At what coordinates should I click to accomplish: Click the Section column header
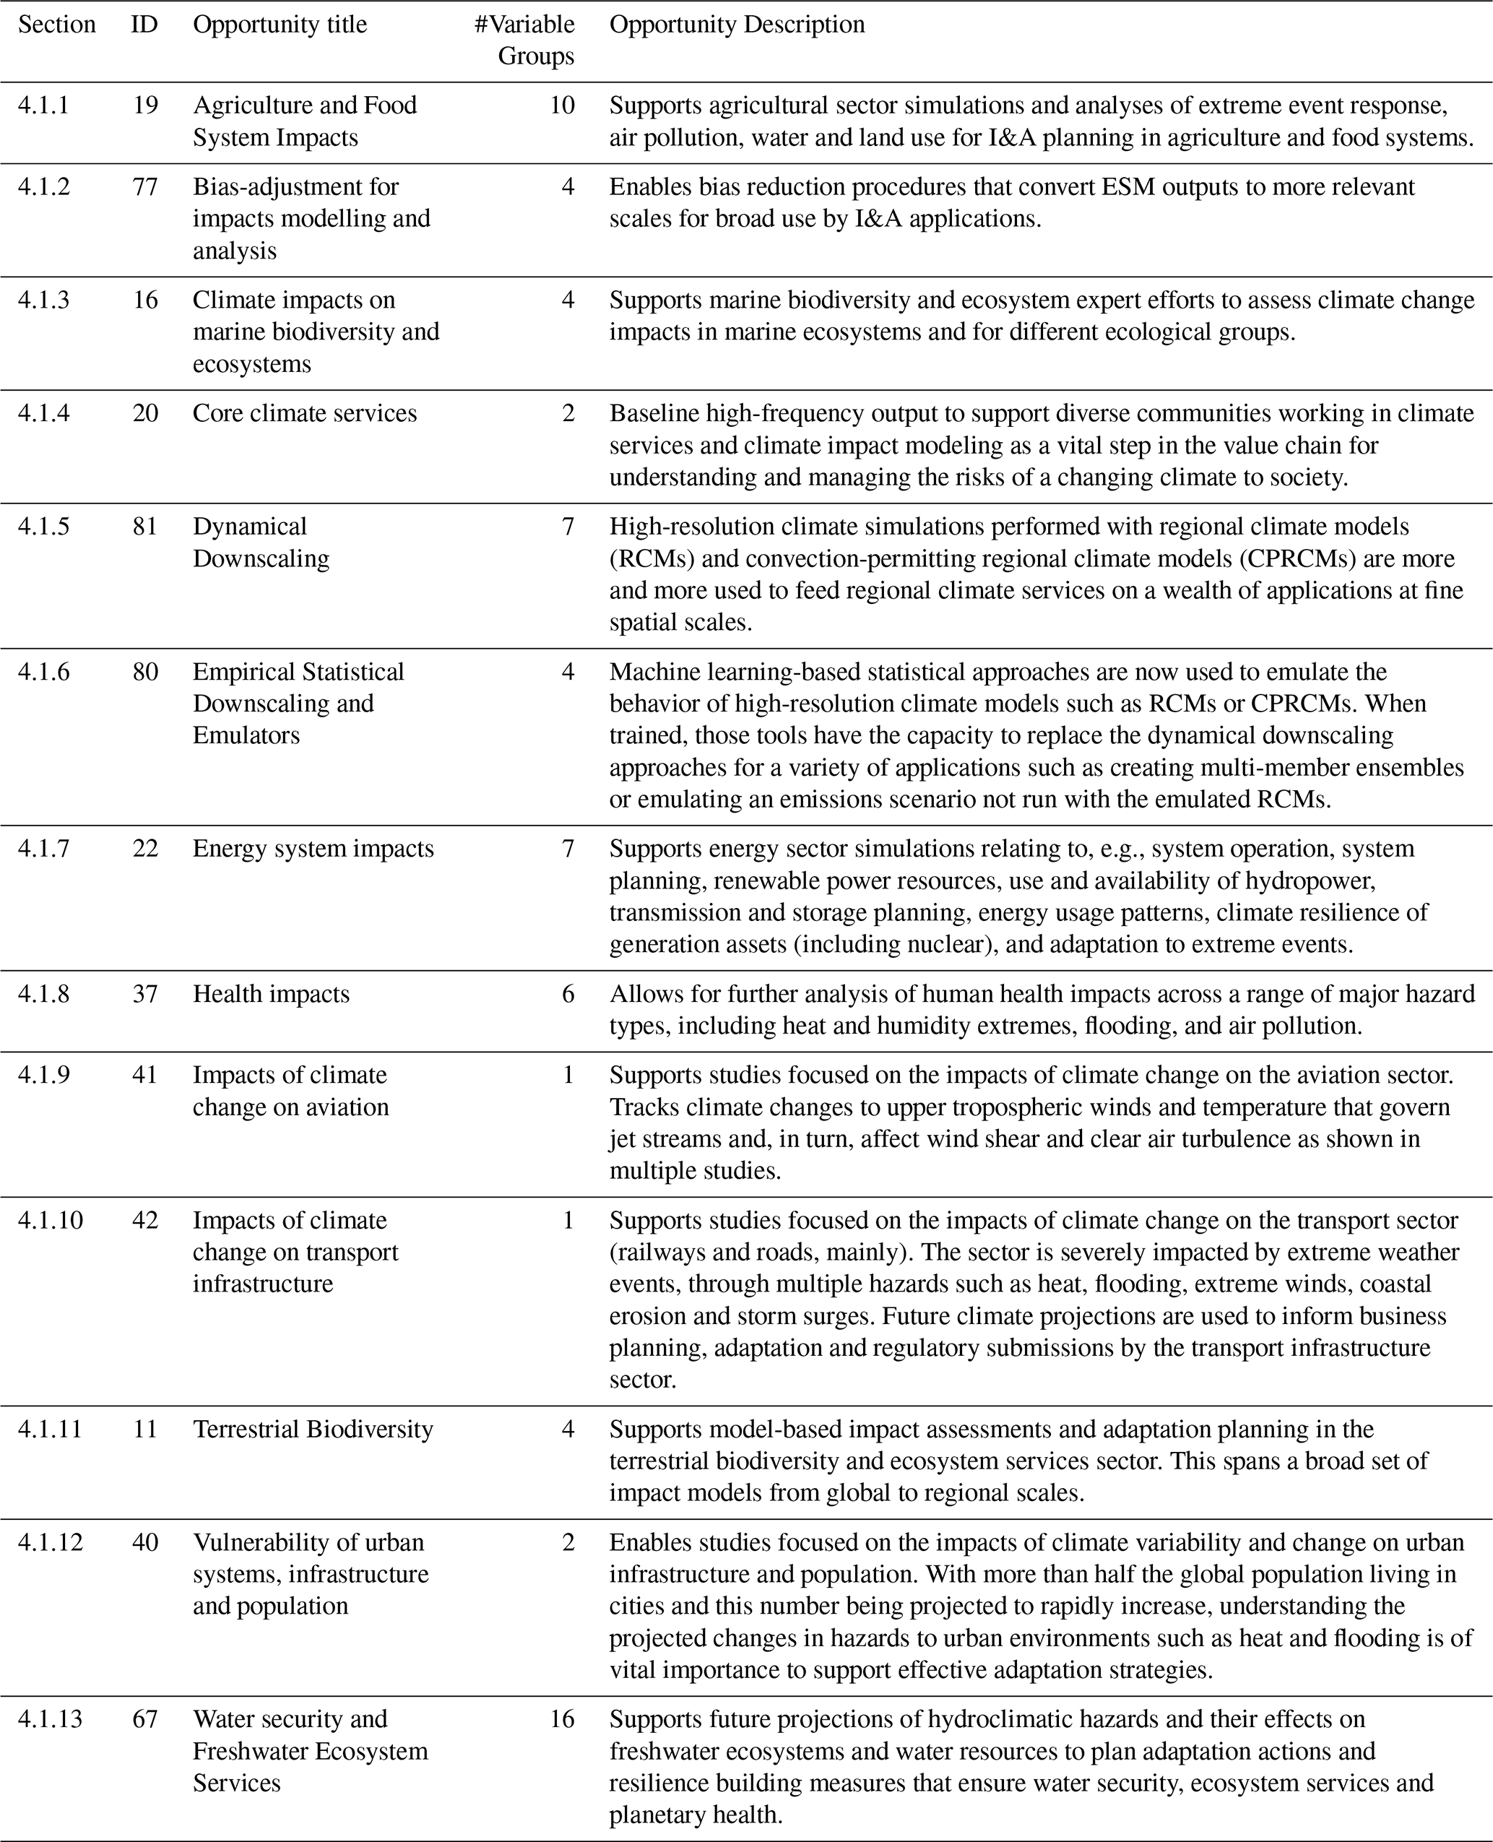(x=57, y=24)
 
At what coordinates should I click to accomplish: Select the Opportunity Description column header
(x=736, y=24)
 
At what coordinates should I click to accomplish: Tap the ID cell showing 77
(x=144, y=186)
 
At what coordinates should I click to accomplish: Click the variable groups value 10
(x=562, y=105)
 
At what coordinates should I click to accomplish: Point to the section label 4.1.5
(x=43, y=527)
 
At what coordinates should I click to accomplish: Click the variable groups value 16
(x=562, y=1718)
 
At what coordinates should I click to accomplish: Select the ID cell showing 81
(x=144, y=527)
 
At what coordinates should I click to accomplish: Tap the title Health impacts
(x=271, y=993)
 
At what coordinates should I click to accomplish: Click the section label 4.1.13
(x=50, y=1718)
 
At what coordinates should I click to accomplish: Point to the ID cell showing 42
(x=144, y=1219)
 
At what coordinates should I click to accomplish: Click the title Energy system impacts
(x=313, y=848)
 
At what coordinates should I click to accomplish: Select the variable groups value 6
(x=568, y=993)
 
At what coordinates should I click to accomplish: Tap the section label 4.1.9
(x=43, y=1074)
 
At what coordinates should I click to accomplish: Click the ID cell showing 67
(x=144, y=1718)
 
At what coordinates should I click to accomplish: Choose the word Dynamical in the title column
(x=249, y=527)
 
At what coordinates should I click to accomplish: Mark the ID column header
(x=144, y=24)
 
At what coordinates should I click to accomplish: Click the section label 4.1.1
(x=43, y=105)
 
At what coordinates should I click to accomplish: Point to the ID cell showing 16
(x=144, y=299)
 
